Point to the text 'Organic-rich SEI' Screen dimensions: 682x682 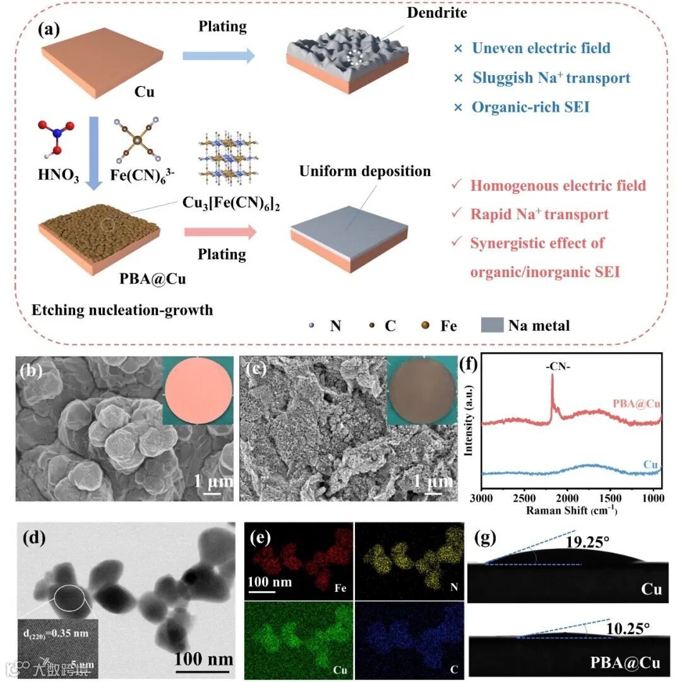click(x=530, y=107)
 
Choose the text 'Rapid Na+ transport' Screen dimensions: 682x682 click(x=539, y=214)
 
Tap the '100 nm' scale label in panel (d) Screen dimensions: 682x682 click(x=203, y=659)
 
